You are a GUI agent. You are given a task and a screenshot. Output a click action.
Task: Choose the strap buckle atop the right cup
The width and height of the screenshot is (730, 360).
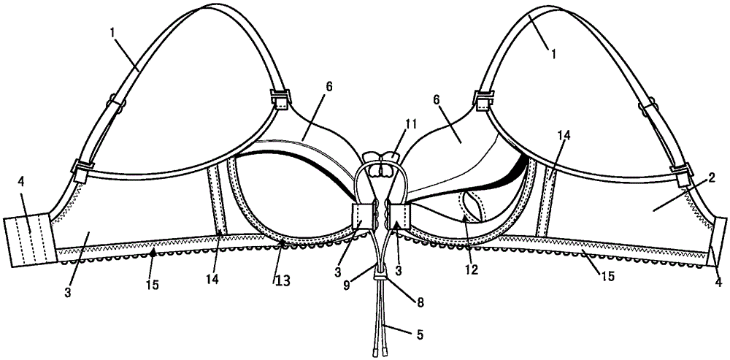click(x=483, y=98)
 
